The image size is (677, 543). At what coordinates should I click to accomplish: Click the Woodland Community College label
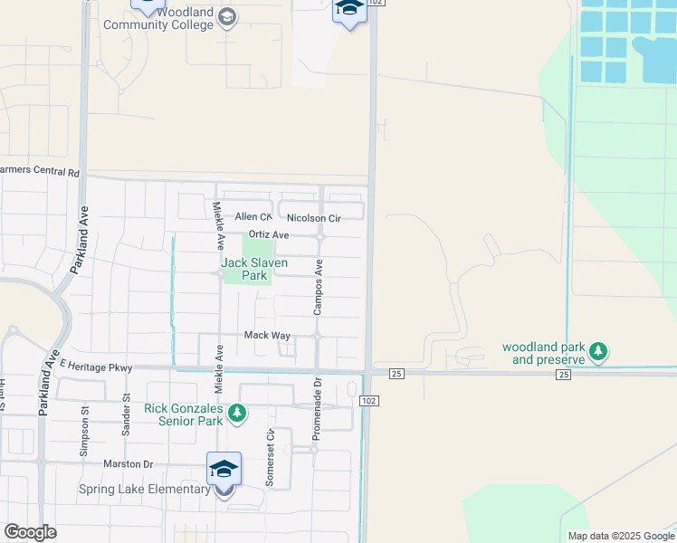pos(158,19)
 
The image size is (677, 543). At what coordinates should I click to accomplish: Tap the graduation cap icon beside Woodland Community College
pos(226,17)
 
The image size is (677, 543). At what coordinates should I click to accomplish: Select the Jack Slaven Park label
pos(255,269)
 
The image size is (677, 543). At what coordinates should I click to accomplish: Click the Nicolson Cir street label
pos(313,218)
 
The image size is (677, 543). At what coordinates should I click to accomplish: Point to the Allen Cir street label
pos(253,217)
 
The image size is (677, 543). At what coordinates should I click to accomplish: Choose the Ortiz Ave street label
pos(269,235)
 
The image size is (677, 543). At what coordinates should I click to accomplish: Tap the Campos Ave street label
pos(319,288)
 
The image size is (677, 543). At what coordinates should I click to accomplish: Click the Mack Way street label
pos(267,335)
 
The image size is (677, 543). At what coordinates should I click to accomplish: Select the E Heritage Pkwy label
pos(96,367)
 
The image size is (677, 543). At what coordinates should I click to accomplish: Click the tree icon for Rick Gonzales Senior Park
pos(237,414)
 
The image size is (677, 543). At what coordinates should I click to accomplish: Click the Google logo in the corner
pos(30,532)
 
